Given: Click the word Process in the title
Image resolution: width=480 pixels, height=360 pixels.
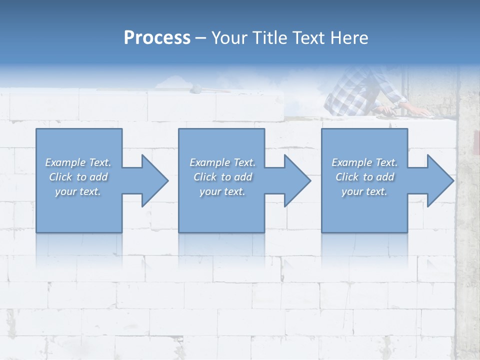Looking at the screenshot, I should pyautogui.click(x=157, y=38).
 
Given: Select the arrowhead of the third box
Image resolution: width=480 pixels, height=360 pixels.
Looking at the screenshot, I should pyautogui.click(x=439, y=180).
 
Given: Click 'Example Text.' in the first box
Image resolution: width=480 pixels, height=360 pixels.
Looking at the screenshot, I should pyautogui.click(x=78, y=162).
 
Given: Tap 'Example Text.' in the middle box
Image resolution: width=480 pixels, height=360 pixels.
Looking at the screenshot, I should pyautogui.click(x=222, y=162).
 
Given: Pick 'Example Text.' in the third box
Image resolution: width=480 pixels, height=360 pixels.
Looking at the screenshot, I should pyautogui.click(x=364, y=162).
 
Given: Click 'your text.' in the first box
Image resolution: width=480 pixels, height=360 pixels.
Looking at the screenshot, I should pyautogui.click(x=78, y=191).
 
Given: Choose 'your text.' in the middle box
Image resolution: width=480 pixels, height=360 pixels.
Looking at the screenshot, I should pyautogui.click(x=222, y=191).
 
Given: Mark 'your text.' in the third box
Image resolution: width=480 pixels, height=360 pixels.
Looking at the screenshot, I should pyautogui.click(x=364, y=191).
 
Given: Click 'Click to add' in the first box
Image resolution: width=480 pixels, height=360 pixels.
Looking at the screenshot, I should pyautogui.click(x=78, y=177).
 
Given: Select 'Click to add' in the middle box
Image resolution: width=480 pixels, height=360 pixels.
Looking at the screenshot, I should pyautogui.click(x=222, y=177).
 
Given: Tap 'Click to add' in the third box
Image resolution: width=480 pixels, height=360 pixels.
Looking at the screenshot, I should pyautogui.click(x=364, y=177).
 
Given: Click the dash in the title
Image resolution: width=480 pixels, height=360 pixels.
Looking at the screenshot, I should pyautogui.click(x=201, y=38).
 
